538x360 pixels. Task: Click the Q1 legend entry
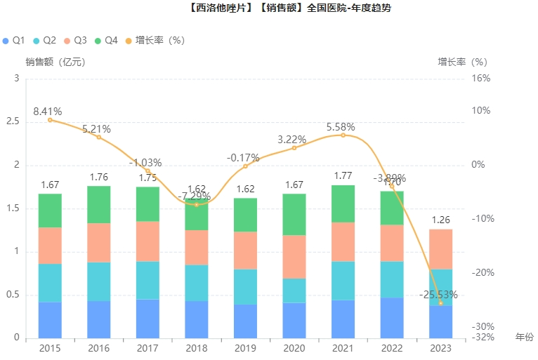tap(14, 41)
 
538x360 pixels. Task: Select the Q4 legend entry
tap(106, 41)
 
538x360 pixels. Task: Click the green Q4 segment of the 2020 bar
tap(294, 214)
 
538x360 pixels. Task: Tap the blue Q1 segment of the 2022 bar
tap(392, 317)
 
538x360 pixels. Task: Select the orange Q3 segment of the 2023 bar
tap(440, 249)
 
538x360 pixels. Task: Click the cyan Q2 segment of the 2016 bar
tap(99, 281)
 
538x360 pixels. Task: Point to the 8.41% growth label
tap(47, 111)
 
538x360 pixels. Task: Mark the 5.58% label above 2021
tap(341, 127)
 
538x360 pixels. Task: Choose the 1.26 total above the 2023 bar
tap(440, 220)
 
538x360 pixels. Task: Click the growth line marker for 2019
tap(245, 166)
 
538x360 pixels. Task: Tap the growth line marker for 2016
tap(99, 137)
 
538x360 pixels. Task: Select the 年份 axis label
tap(524, 337)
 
